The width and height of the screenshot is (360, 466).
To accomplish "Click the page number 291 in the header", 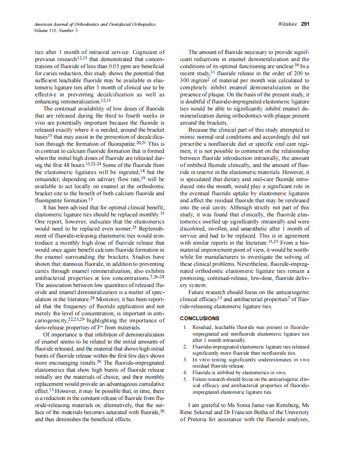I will [x=305, y=24].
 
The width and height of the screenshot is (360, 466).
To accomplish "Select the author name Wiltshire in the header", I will [x=287, y=24].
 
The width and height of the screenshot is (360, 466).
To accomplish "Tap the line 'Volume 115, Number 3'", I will [x=56, y=30].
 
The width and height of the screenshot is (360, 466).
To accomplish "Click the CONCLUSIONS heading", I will [x=200, y=319].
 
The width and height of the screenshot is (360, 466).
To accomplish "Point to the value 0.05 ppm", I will [x=121, y=66].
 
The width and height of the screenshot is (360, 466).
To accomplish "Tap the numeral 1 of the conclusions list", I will [x=185, y=328].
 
